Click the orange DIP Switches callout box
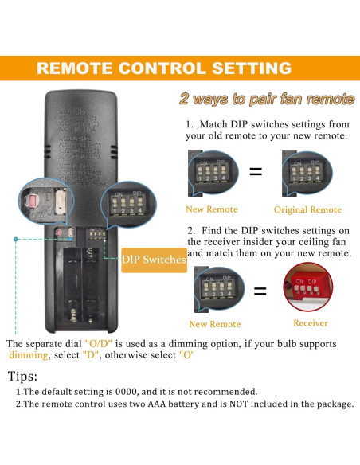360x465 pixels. pyautogui.click(x=155, y=260)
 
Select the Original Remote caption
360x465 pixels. pyautogui.click(x=307, y=209)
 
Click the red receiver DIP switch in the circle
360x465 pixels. pyautogui.click(x=308, y=287)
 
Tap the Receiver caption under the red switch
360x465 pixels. pyautogui.click(x=310, y=323)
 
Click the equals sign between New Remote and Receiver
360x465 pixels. pyautogui.click(x=259, y=291)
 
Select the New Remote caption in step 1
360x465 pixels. pyautogui.click(x=211, y=209)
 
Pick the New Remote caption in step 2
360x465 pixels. pyautogui.click(x=214, y=324)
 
